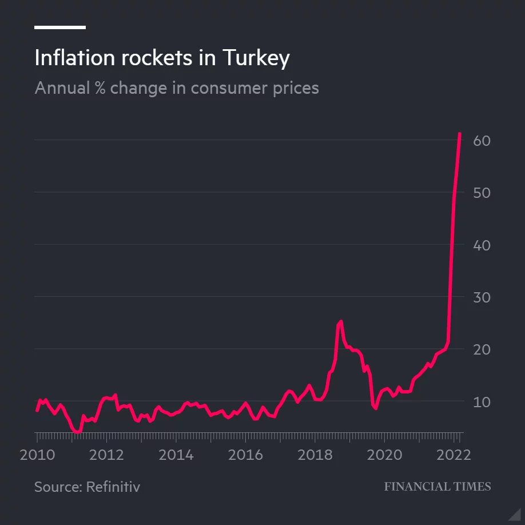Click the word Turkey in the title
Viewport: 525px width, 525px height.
[x=256, y=58]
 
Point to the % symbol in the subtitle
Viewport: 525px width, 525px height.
[x=100, y=88]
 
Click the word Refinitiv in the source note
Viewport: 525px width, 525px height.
[x=113, y=487]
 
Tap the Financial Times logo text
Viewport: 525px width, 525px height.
[x=437, y=487]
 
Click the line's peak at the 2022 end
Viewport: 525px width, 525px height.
[x=460, y=134]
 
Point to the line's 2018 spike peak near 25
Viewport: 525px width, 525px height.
[x=340, y=321]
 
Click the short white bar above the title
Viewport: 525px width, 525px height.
[x=60, y=27]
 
